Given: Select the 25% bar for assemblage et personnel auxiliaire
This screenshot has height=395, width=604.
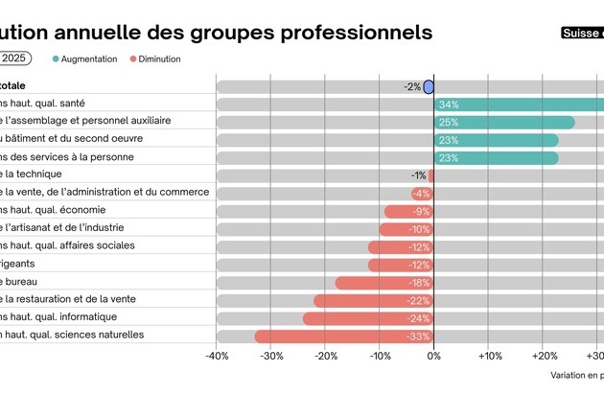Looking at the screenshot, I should click(504, 122).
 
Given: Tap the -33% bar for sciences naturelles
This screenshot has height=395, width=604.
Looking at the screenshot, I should click(344, 336).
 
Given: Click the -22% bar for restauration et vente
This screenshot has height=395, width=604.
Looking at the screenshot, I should click(374, 300).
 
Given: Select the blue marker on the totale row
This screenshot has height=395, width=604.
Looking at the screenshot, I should click(429, 86).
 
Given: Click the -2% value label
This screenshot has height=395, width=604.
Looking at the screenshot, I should click(412, 86).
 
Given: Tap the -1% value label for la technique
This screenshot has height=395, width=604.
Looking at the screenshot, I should click(418, 175).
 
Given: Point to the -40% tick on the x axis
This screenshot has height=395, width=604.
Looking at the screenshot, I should click(217, 357).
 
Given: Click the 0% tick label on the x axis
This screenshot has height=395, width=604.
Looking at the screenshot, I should click(433, 357).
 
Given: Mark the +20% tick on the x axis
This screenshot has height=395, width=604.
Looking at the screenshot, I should click(543, 357).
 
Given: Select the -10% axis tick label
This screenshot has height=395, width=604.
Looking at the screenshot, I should click(380, 357).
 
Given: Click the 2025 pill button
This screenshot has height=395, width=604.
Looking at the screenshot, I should click(13, 58).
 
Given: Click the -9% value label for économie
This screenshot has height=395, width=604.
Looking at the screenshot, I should click(421, 211).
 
